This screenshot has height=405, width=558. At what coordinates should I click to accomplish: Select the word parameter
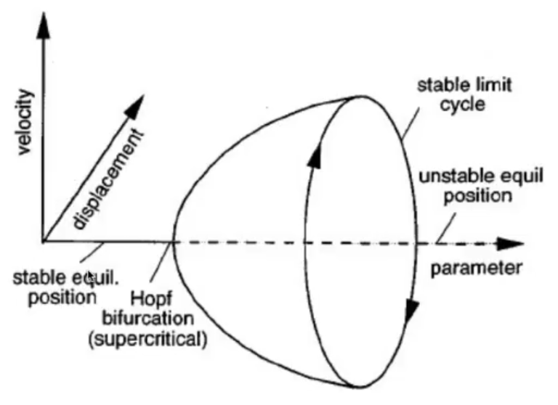475,269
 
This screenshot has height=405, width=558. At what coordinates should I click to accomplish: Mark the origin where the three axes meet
44,240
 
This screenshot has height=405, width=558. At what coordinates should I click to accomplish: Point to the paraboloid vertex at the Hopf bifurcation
174,241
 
